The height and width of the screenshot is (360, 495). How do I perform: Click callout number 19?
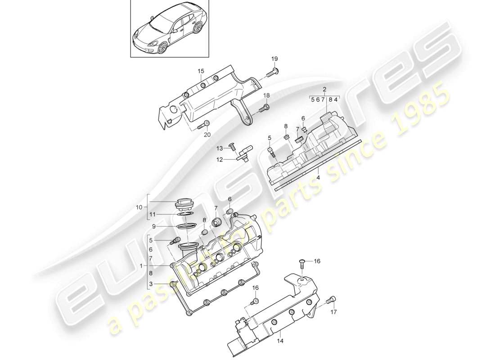[274, 59]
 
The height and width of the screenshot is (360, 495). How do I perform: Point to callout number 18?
[266, 95]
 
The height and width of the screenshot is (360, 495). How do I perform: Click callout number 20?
[207, 135]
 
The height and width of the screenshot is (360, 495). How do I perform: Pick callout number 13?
[220, 148]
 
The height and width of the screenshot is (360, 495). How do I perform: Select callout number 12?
[220, 160]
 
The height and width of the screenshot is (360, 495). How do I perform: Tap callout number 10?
[139, 207]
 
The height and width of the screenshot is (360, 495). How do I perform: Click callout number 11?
[153, 214]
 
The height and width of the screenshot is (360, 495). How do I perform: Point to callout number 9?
[153, 226]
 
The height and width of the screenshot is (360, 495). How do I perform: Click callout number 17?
[334, 312]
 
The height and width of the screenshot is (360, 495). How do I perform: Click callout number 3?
[151, 284]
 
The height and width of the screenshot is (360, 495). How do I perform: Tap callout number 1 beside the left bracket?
[141, 266]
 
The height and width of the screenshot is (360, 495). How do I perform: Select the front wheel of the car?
[163, 47]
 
